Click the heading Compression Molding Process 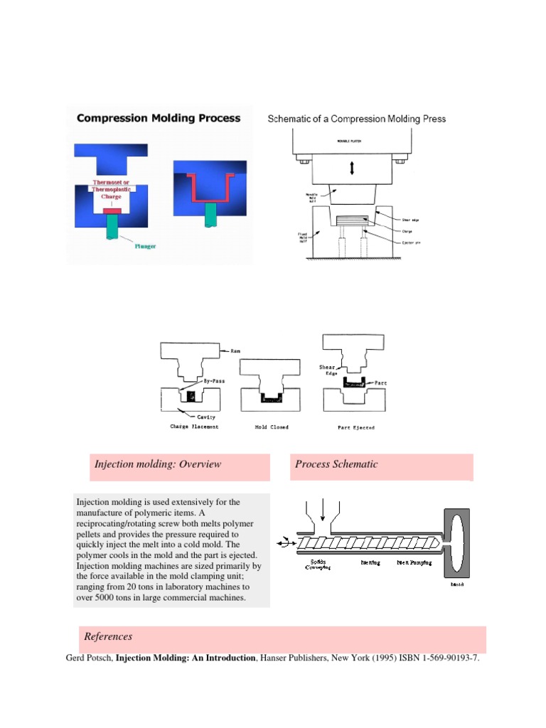[x=159, y=118]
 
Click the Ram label [x=237, y=350]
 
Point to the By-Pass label [x=225, y=381]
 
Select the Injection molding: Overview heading [x=158, y=464]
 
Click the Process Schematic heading [x=336, y=464]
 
